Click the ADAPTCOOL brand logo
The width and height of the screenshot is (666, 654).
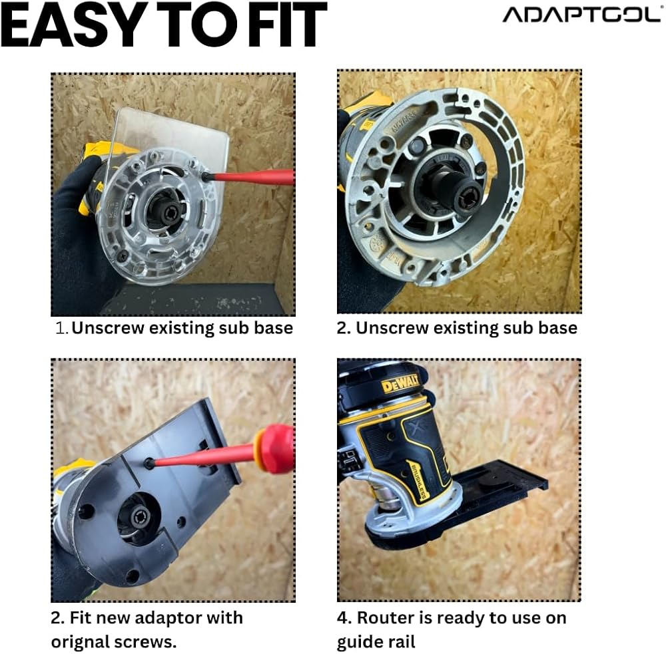(x=581, y=15)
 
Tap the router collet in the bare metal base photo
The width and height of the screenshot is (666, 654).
(x=470, y=196)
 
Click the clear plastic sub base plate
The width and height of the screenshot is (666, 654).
(x=170, y=140)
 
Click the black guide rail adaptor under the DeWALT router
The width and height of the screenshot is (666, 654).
(x=476, y=505)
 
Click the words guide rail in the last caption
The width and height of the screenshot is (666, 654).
(x=376, y=642)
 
